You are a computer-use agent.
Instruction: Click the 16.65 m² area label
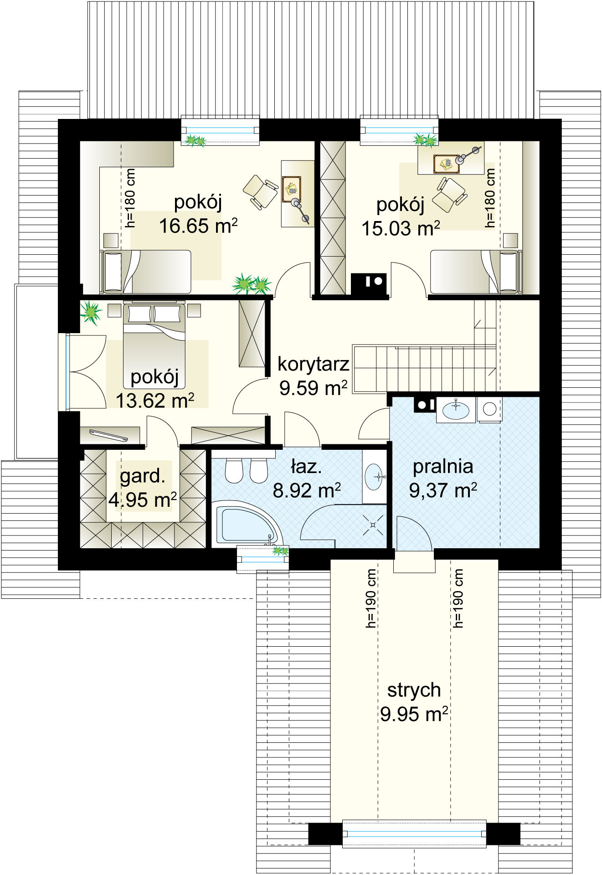[x=198, y=226]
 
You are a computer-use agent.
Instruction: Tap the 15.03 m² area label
[x=401, y=229]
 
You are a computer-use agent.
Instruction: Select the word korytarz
[x=314, y=364]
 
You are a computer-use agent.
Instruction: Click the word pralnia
[x=443, y=467]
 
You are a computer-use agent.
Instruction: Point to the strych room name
[x=414, y=690]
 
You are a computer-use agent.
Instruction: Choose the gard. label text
[x=143, y=476]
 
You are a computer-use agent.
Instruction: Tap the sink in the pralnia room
[x=456, y=410]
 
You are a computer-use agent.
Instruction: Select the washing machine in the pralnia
[x=489, y=409]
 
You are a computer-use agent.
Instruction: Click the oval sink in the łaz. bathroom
[x=375, y=477]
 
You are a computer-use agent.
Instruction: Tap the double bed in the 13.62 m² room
[x=154, y=345]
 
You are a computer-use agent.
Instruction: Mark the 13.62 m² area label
[x=155, y=401]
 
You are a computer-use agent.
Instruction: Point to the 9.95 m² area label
[x=414, y=714]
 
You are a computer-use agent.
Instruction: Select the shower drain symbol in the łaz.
[x=373, y=525]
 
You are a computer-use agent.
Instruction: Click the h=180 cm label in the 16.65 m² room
[x=130, y=198]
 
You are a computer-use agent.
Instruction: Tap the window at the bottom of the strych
[x=414, y=834]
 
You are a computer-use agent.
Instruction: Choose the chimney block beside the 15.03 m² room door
[x=369, y=283]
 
